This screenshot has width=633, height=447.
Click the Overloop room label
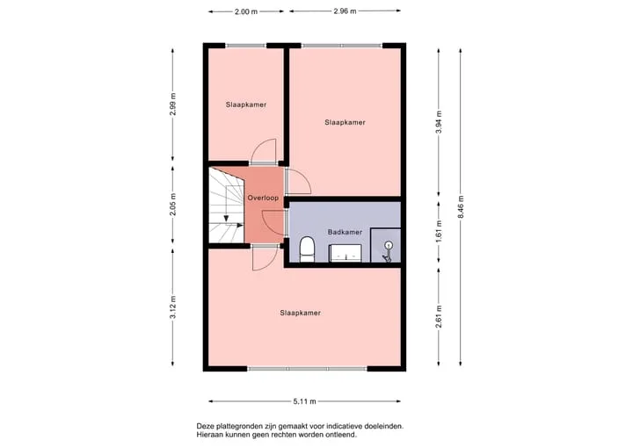coord(263,198)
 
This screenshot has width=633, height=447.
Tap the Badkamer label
coord(345,232)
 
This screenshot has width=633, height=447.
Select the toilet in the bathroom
coord(307,249)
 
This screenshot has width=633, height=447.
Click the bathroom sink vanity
coord(346,253)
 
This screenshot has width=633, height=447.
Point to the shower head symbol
coord(388,251)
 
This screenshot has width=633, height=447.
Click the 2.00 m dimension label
coord(246,11)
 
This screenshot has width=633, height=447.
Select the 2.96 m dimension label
coord(345,11)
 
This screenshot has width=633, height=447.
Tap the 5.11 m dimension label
coord(305,401)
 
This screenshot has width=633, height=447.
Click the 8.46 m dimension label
coord(461,207)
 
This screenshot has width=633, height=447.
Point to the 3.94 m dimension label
coord(440,122)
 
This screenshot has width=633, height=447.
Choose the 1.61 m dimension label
coord(440,232)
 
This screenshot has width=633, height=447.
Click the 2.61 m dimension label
coord(440,317)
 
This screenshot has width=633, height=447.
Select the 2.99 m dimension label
coord(173,105)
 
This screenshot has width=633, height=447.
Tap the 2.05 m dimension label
coord(173,204)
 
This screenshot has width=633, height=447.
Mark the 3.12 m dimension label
coord(173,307)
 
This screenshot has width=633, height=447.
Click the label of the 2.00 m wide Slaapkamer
coord(246,105)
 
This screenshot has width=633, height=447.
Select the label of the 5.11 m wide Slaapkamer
coord(301,313)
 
